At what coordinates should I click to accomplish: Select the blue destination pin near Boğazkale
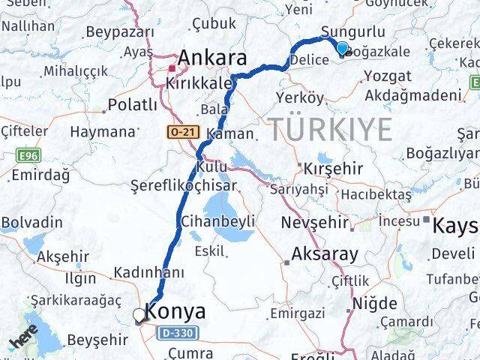[x=342, y=49]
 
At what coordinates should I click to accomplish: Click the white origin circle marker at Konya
[x=139, y=316]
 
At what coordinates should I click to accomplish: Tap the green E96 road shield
[x=27, y=156]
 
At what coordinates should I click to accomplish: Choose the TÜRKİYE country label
[x=331, y=130]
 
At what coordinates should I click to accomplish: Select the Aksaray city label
[x=325, y=253]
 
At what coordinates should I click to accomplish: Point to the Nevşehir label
[x=315, y=223]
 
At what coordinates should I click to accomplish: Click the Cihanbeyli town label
[x=217, y=221]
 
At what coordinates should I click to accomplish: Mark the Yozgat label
[x=387, y=76]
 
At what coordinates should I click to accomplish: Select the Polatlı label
[x=133, y=104]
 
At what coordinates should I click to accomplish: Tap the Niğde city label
[x=374, y=304]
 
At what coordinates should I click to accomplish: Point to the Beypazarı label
[x=120, y=32]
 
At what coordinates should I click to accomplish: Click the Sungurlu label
[x=352, y=31]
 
